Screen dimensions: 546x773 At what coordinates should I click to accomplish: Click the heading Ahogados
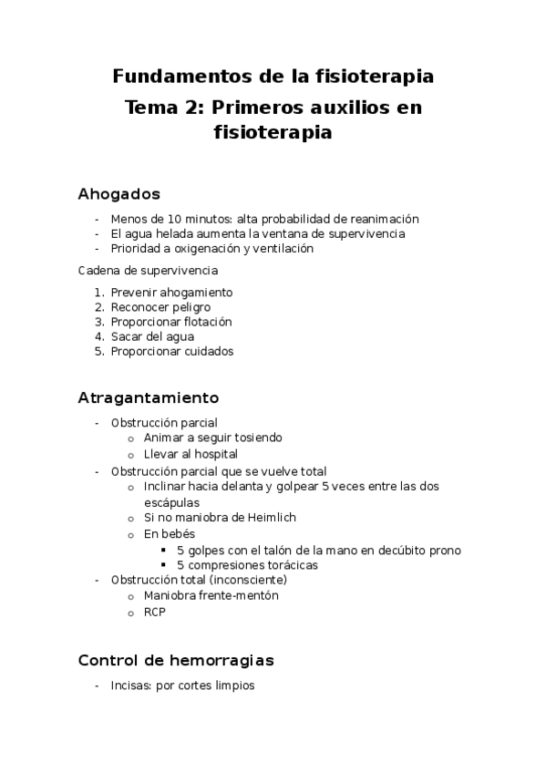click(x=119, y=193)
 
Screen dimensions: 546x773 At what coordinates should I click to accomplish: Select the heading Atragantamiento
click(x=149, y=398)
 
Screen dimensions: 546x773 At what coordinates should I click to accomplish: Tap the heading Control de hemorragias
click(x=176, y=659)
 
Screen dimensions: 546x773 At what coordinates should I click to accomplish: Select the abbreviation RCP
click(x=155, y=612)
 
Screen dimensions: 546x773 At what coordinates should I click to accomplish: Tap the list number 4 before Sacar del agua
click(x=98, y=336)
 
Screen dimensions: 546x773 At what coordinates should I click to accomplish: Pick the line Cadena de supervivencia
click(x=148, y=271)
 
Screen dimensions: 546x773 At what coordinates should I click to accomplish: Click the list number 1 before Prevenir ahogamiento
click(x=98, y=293)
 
